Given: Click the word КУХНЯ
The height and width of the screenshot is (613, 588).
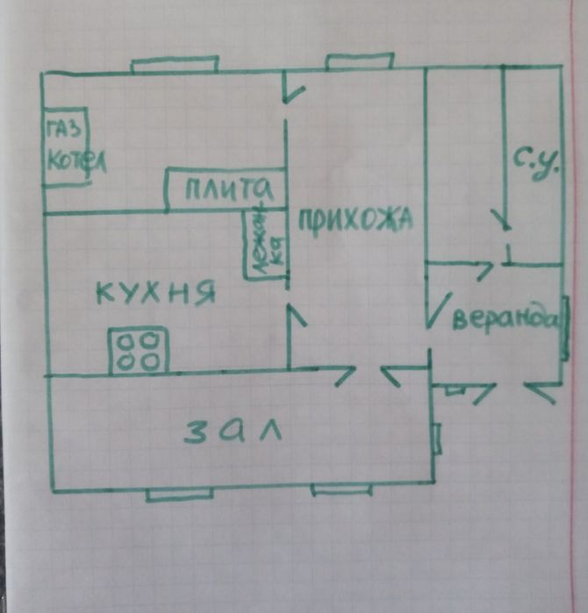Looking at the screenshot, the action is pyautogui.click(x=154, y=292).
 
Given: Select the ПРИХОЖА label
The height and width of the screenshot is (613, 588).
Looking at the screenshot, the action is pyautogui.click(x=355, y=219).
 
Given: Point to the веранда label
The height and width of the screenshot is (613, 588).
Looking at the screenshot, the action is pyautogui.click(x=504, y=317).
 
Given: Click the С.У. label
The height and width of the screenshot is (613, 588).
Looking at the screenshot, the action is pyautogui.click(x=535, y=165).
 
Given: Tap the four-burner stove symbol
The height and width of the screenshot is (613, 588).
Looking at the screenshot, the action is pyautogui.click(x=138, y=350).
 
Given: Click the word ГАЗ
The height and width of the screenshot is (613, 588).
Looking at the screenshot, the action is pyautogui.click(x=67, y=129).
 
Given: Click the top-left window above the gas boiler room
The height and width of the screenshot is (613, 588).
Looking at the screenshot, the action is pyautogui.click(x=174, y=64).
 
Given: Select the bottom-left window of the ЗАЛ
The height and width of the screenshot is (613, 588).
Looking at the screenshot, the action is pyautogui.click(x=179, y=494).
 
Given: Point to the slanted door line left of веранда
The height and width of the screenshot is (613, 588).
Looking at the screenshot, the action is pyautogui.click(x=434, y=311).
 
